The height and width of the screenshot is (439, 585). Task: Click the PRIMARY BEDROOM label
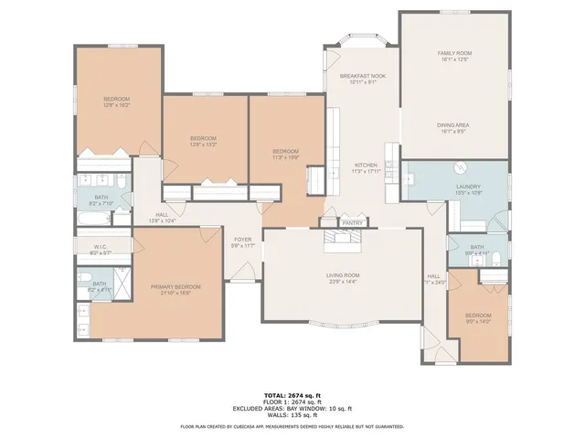(175, 286)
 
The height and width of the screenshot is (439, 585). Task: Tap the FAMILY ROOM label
(453, 54)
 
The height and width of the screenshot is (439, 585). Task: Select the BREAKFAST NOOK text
(362, 77)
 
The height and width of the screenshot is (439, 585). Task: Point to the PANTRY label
(352, 222)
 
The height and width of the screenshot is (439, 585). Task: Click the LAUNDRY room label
(468, 187)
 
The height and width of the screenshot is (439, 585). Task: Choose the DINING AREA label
(453, 125)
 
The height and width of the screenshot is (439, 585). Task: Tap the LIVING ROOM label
(344, 275)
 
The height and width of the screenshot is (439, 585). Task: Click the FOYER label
(242, 240)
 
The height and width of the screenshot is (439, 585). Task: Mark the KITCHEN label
(366, 165)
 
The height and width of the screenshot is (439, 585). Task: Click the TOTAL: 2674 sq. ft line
(292, 395)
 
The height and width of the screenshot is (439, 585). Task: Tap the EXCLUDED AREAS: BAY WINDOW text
(292, 408)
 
